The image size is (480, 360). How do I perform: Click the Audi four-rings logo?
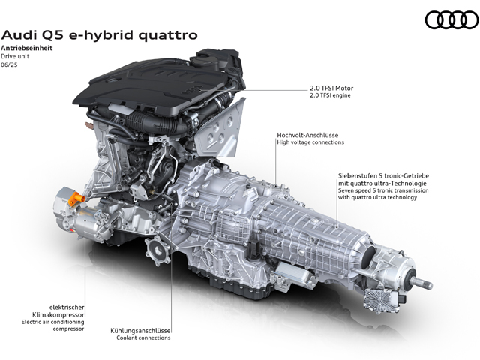[x=451, y=20]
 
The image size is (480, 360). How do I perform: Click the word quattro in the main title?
[x=168, y=35]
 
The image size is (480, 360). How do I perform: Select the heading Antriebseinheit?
[x=27, y=48]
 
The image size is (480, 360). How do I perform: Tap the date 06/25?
[x=9, y=64]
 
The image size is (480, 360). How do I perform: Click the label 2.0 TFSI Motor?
[x=331, y=88]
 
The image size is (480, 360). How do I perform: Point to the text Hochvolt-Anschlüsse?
[x=307, y=135]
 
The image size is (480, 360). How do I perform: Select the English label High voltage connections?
[x=310, y=142]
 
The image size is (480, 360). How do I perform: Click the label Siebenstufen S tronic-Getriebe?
[x=383, y=176]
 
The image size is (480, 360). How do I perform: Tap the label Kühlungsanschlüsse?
[x=140, y=331]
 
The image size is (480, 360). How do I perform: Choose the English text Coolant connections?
[x=143, y=337]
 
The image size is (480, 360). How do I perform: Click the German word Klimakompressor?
[x=58, y=314]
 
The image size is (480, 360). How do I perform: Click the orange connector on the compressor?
[x=76, y=198]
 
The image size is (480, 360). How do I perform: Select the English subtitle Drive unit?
[x=15, y=56]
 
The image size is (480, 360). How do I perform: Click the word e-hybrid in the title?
[x=102, y=36]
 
